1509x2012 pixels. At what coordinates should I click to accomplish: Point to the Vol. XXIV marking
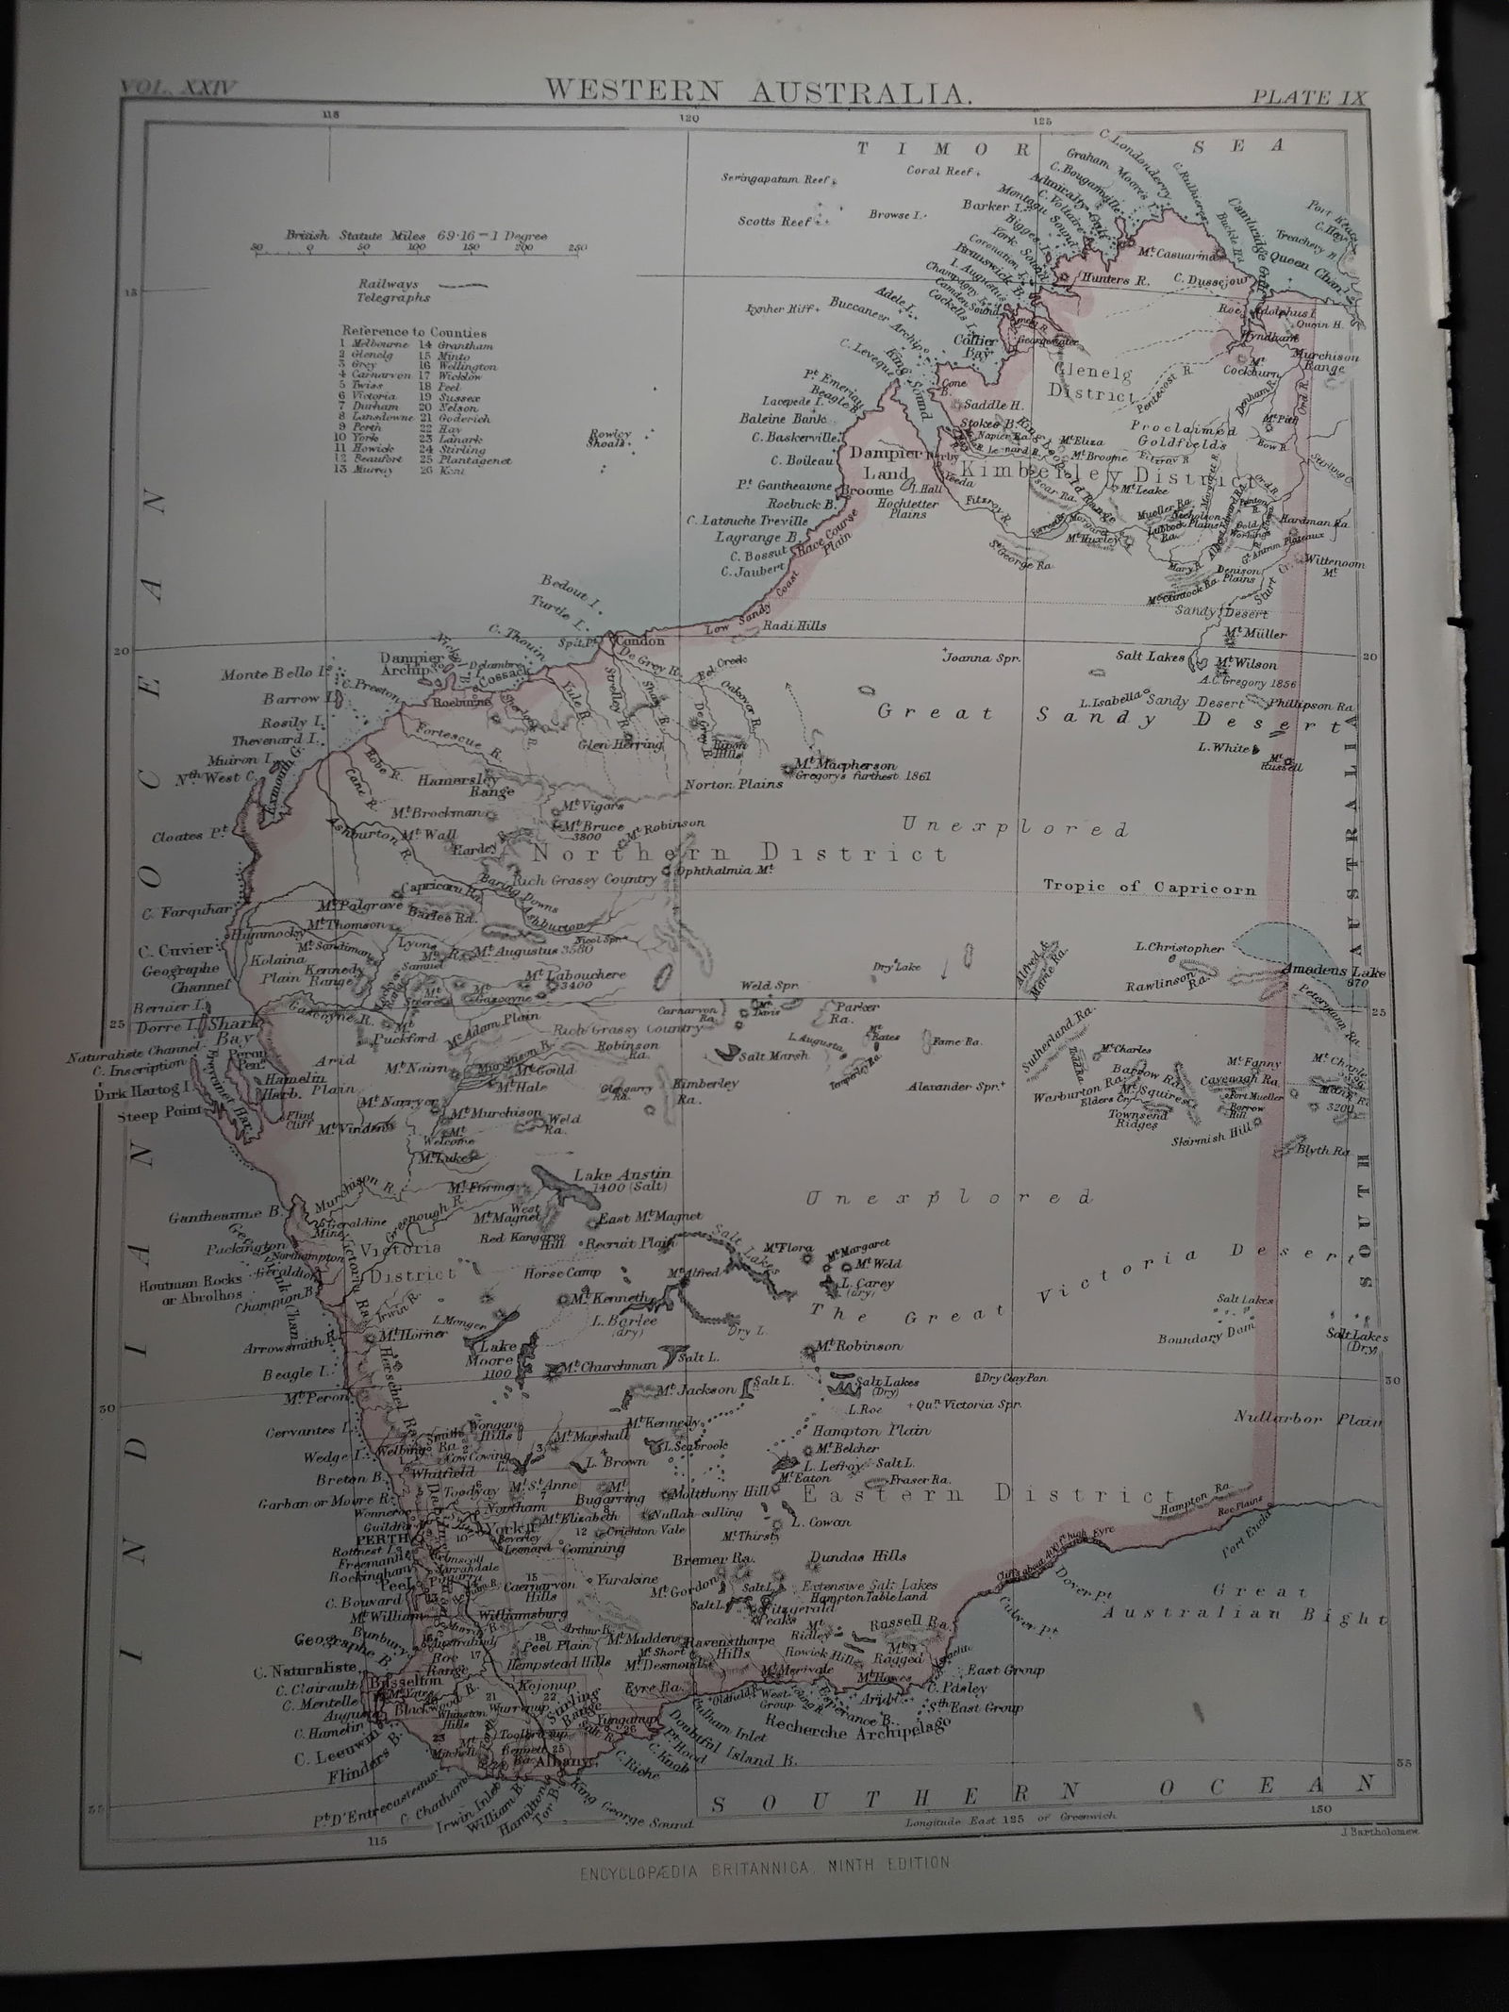pyautogui.click(x=179, y=89)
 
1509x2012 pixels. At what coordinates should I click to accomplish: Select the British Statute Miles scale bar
pyautogui.click(x=415, y=248)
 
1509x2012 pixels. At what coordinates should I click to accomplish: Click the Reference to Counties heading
pyautogui.click(x=415, y=332)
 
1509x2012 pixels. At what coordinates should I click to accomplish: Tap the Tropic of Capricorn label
pyautogui.click(x=1150, y=888)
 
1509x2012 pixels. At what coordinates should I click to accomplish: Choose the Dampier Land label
pyautogui.click(x=877, y=462)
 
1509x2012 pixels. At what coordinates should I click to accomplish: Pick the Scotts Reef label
pyautogui.click(x=775, y=222)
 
